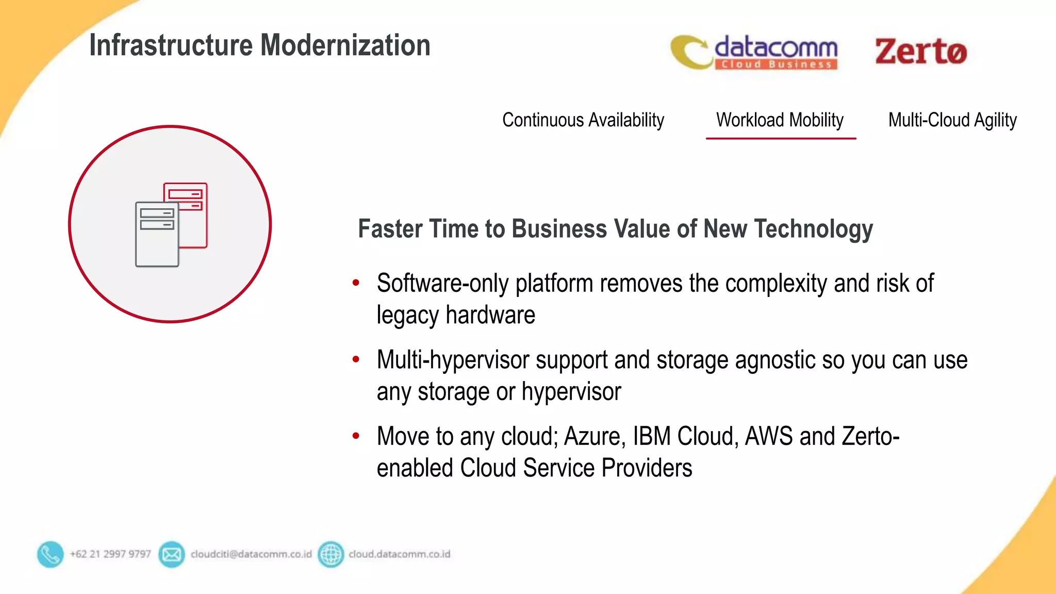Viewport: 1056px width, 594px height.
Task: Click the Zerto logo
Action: (920, 52)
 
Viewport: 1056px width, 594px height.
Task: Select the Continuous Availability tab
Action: (583, 120)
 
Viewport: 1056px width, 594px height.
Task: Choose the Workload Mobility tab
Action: (780, 120)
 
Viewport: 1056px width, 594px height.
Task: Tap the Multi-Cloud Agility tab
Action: (952, 120)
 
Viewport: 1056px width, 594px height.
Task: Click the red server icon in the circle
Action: (192, 206)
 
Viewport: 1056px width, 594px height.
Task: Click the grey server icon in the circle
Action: (157, 235)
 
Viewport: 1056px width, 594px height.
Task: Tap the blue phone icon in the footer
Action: (50, 554)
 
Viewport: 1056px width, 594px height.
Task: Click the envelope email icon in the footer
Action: (171, 554)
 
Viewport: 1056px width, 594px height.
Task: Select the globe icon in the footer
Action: (331, 554)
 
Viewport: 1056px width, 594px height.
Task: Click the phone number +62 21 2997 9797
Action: (110, 554)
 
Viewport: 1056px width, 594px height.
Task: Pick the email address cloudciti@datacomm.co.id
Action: (251, 554)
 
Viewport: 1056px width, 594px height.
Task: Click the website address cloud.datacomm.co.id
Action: (399, 554)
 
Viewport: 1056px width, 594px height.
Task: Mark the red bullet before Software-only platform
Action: (356, 283)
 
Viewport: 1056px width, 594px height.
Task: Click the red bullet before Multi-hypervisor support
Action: (356, 359)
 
